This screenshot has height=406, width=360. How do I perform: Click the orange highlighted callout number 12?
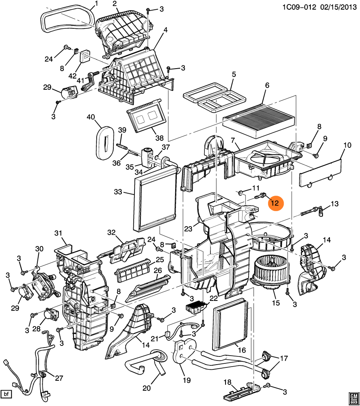(275, 203)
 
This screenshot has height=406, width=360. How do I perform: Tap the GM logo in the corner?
(353, 397)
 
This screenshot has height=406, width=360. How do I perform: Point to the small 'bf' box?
(6, 394)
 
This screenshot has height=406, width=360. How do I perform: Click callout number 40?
(91, 117)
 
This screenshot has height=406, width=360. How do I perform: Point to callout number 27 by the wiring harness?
(59, 378)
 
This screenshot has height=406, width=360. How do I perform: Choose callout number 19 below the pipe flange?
(187, 380)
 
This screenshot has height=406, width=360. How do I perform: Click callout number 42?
(72, 76)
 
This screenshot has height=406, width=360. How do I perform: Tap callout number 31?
(58, 233)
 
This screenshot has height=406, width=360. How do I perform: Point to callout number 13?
(334, 203)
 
